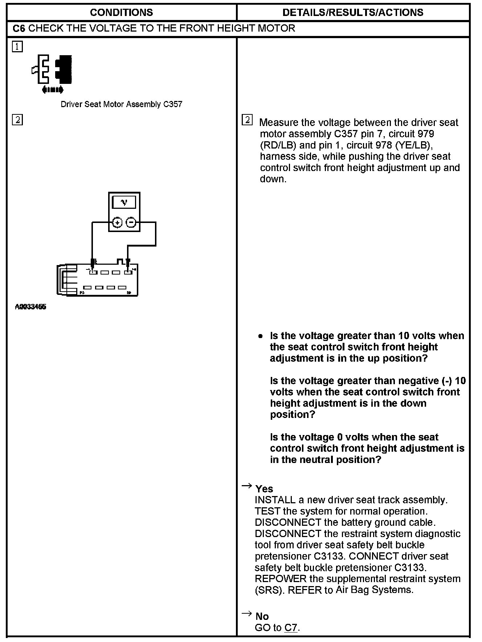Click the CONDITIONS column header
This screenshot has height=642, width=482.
click(x=121, y=12)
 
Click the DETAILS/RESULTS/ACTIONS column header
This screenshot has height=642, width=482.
click(x=353, y=12)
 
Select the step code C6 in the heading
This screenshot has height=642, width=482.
click(x=19, y=28)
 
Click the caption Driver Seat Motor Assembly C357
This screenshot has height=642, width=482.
click(x=121, y=105)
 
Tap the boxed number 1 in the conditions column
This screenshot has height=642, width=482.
click(x=17, y=47)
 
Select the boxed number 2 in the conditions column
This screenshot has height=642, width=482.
click(x=17, y=120)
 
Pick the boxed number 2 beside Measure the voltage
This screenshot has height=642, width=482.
click(x=247, y=120)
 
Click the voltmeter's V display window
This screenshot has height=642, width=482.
click(x=124, y=202)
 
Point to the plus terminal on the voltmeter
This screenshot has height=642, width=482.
click(x=117, y=222)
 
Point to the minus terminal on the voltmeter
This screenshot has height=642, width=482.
click(x=131, y=222)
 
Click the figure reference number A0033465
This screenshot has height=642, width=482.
click(x=30, y=307)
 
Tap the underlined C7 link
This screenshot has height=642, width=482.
click(x=291, y=627)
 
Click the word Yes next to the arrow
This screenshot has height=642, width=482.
click(x=264, y=489)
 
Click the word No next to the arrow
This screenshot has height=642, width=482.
click(x=262, y=616)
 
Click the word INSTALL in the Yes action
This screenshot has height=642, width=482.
click(x=275, y=500)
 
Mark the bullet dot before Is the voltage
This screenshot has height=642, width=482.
click(x=260, y=336)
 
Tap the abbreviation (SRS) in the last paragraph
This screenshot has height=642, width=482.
click(x=269, y=590)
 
